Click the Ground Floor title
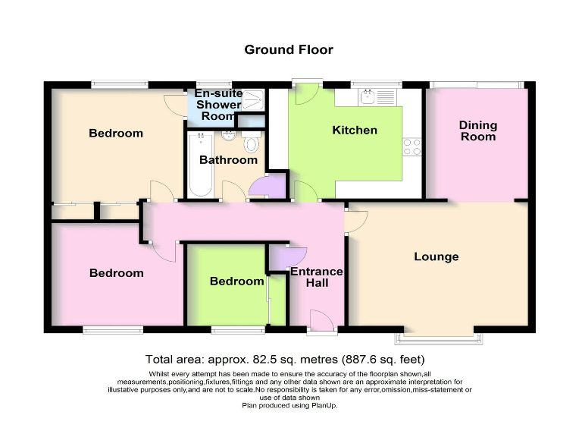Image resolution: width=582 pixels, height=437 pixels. tap(288, 50)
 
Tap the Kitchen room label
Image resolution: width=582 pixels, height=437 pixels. tap(354, 130)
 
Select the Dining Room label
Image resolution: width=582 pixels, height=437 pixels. tap(477, 130)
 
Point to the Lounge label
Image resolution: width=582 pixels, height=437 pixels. tap(436, 256)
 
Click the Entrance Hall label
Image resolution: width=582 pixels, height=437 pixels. tap(317, 277)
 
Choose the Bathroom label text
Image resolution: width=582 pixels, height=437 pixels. tap(228, 160)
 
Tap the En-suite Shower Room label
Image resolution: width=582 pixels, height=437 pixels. tap(218, 105)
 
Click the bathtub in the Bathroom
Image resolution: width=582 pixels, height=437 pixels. tap(200, 165)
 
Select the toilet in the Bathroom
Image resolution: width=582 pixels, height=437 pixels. tap(252, 143)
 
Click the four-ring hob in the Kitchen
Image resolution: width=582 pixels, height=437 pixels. tap(412, 146)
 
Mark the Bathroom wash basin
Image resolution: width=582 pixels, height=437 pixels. tap(227, 138)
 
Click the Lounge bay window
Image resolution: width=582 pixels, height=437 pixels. tap(437, 335)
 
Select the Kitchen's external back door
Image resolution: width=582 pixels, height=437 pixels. tap(306, 93)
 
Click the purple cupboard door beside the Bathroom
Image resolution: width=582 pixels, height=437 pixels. tap(270, 187)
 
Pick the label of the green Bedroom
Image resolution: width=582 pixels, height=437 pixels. tap(236, 281)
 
